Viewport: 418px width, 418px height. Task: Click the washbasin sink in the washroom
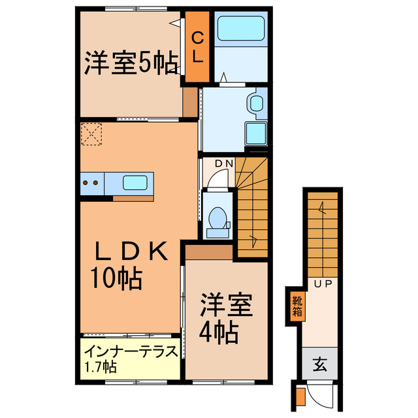[255, 103]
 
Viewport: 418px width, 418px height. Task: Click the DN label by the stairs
[216, 163]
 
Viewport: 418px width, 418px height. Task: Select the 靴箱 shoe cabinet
[297, 307]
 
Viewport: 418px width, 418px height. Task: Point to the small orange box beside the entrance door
[300, 396]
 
